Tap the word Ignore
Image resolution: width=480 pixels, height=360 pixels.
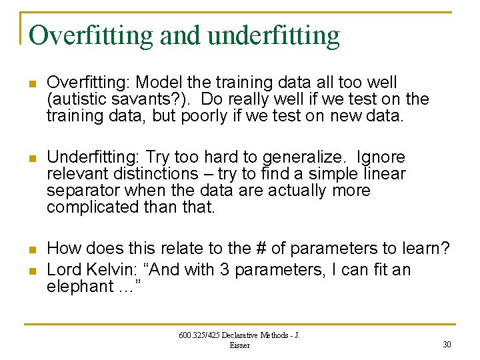[x=381, y=157]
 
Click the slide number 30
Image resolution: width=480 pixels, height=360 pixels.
[x=446, y=345]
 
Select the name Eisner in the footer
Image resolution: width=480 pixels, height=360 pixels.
[x=239, y=345]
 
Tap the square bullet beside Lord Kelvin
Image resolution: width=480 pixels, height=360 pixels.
[x=31, y=271]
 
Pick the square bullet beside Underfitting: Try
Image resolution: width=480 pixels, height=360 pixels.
[x=31, y=158]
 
